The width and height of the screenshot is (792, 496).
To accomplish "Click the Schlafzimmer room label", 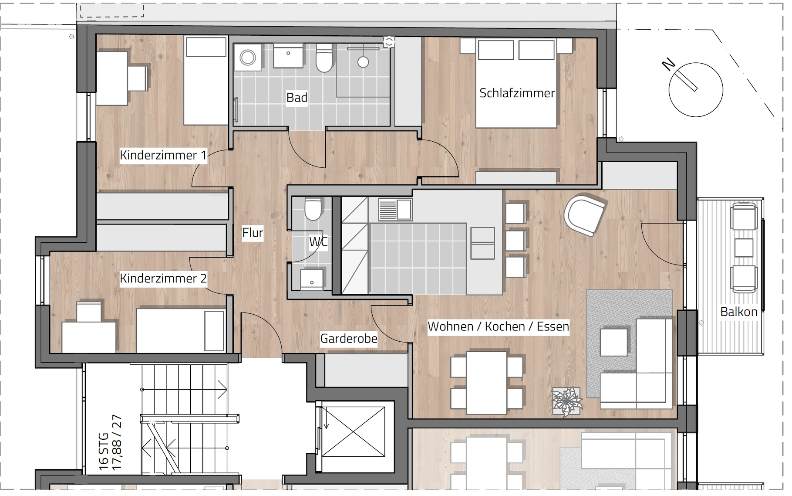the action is point(517,93).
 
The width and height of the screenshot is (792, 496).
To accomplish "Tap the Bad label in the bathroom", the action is point(297,98).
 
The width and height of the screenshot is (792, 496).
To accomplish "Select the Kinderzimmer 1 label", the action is point(163,155).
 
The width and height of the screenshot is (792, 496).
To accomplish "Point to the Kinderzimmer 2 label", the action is point(163,279).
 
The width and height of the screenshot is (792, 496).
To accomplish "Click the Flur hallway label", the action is point(253,233).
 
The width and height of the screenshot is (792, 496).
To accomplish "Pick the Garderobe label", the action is point(349,339).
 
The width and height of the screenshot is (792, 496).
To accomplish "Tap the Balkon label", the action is point(739,312).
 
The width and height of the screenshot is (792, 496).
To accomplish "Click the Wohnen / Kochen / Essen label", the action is point(499,326).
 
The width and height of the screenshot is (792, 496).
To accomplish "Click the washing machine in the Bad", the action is point(248,58).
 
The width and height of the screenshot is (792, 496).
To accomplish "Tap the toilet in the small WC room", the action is point(313,208).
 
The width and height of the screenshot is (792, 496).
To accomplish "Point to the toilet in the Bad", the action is point(324,58).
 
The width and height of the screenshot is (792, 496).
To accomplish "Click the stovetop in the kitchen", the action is point(395,210).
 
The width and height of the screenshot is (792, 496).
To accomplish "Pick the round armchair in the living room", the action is point(585,215).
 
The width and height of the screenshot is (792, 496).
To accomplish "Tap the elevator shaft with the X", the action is point(354,432).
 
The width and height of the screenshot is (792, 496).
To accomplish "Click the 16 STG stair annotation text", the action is point(104,451).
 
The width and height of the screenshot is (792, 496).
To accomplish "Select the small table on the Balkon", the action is point(744,248).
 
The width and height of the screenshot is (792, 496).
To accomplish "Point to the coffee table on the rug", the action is point(614,342).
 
